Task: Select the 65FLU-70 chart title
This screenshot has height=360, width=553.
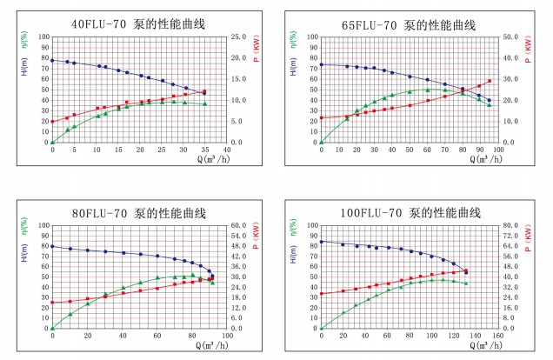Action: [x=407, y=24]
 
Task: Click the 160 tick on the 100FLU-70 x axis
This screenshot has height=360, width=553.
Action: [x=497, y=336]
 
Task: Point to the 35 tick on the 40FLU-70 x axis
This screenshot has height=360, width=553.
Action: [x=205, y=149]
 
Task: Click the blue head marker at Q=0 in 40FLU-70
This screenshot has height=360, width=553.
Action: [x=52, y=60]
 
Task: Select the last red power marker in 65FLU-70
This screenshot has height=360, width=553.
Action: [x=490, y=81]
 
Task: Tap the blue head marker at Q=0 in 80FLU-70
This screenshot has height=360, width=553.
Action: [x=52, y=246]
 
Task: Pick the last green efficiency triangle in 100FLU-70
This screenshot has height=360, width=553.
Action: [x=466, y=283]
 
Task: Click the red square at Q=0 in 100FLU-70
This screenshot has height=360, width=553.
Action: [x=321, y=294]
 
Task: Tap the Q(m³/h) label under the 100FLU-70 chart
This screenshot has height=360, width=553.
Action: [x=474, y=345]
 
